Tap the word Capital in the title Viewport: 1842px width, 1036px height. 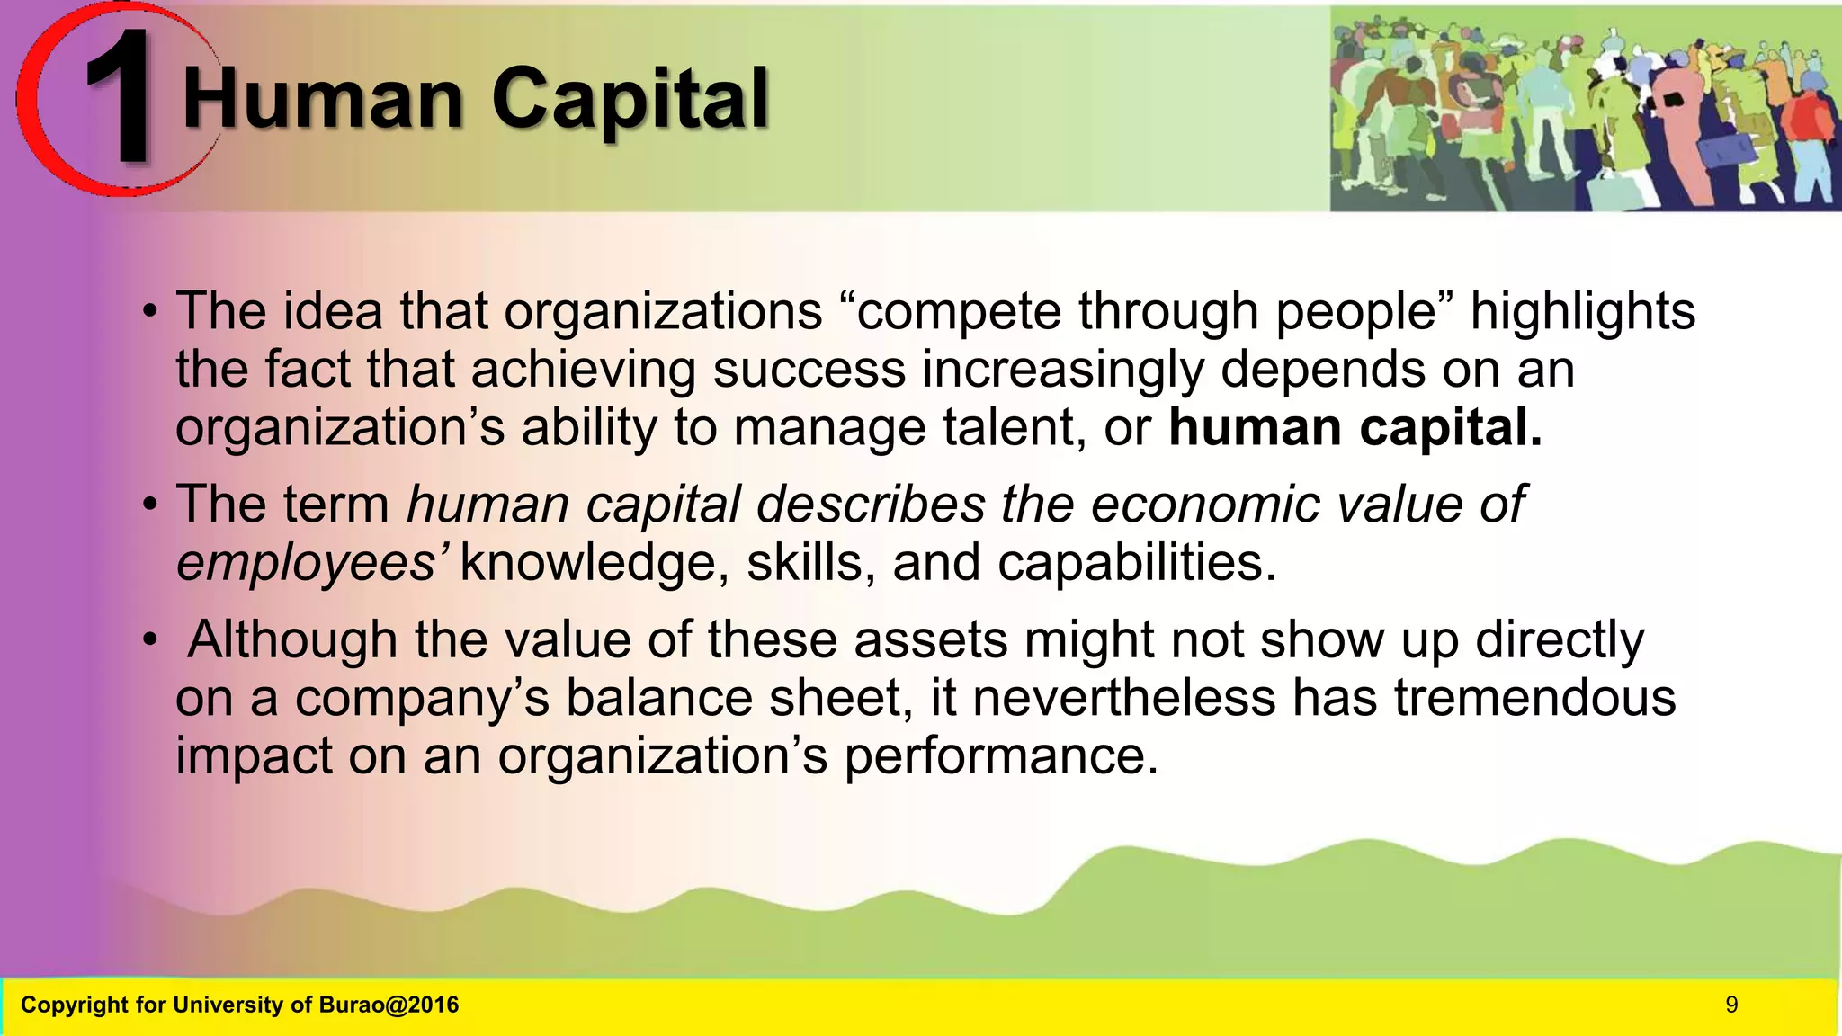pyautogui.click(x=630, y=101)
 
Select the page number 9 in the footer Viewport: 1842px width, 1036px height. pyautogui.click(x=1731, y=1005)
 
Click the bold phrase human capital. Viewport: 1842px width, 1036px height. pyautogui.click(x=1355, y=427)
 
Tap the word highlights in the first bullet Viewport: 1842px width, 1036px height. pyautogui.click(x=1582, y=311)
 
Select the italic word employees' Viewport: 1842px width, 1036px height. pyautogui.click(x=307, y=563)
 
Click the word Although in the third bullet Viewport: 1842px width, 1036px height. pyautogui.click(x=292, y=639)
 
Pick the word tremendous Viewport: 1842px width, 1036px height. pyautogui.click(x=1534, y=698)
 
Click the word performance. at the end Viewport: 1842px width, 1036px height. pyautogui.click(x=1000, y=756)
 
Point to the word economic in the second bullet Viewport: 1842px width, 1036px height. pyautogui.click(x=1205, y=505)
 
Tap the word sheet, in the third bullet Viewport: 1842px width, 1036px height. pyautogui.click(x=837, y=698)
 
